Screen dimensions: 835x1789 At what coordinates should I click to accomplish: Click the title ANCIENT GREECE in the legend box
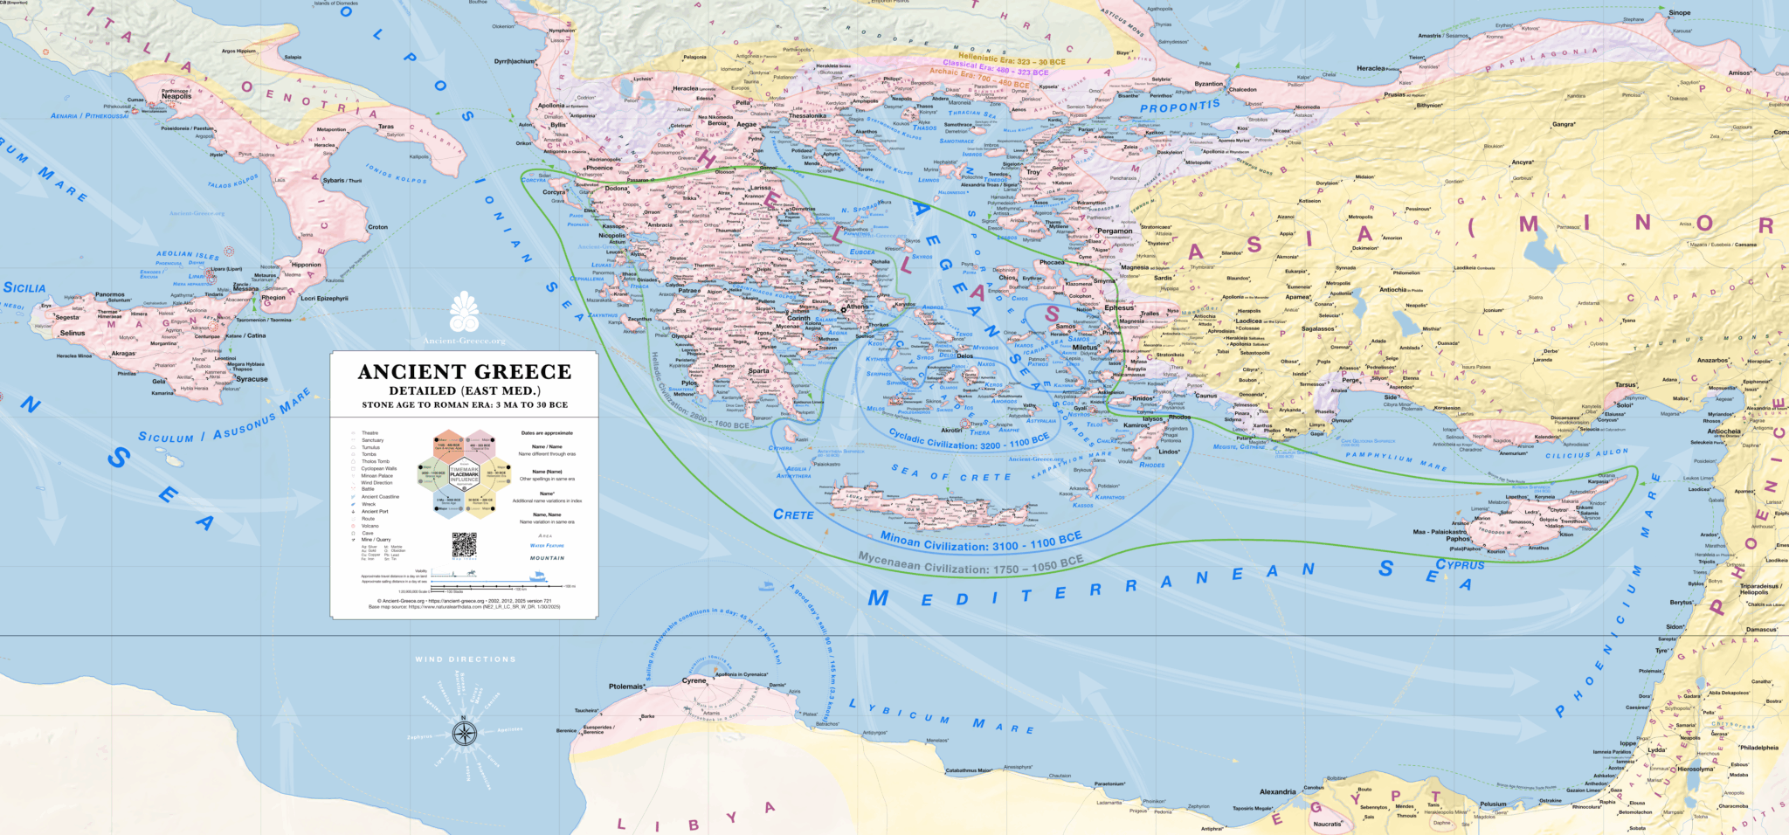click(x=464, y=372)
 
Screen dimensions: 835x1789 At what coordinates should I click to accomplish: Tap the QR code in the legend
click(x=464, y=545)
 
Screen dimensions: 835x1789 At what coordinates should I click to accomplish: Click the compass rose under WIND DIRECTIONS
click(x=465, y=732)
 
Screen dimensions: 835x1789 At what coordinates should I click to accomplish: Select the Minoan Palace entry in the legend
click(x=377, y=475)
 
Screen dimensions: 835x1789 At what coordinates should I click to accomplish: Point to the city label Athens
click(x=856, y=307)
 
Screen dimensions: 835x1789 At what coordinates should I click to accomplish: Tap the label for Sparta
click(x=758, y=370)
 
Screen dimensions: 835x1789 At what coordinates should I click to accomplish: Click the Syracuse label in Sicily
click(x=252, y=379)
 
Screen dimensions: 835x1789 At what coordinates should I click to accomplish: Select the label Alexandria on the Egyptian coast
click(x=1277, y=792)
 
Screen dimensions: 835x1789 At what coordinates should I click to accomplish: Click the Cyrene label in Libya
click(x=694, y=680)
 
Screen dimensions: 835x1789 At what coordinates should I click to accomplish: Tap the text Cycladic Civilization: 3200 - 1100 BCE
click(x=968, y=439)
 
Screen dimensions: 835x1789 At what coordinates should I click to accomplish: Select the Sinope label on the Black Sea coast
click(x=1679, y=13)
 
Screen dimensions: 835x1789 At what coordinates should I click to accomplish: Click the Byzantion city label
click(x=1209, y=85)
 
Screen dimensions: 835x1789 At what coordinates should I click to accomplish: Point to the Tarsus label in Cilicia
click(x=1625, y=384)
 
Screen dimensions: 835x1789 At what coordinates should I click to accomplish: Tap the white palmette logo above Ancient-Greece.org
click(x=464, y=312)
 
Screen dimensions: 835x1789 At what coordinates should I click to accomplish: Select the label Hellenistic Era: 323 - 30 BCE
click(x=1012, y=60)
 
